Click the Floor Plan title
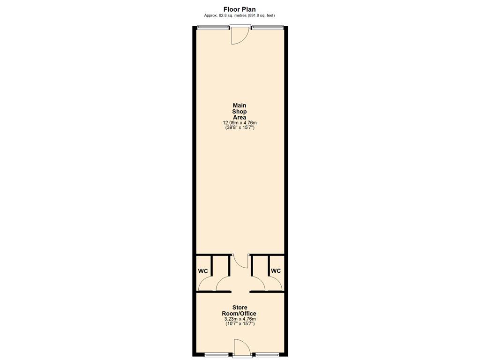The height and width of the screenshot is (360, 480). [x=240, y=9]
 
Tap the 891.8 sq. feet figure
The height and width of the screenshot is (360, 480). [x=261, y=15]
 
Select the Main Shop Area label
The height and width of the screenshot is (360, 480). [x=240, y=112]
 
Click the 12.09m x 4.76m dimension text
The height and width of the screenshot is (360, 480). [x=240, y=123]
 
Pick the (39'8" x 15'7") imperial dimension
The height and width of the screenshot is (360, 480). [x=240, y=127]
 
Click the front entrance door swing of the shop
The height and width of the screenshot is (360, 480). [x=240, y=36]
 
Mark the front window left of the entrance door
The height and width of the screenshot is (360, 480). [x=213, y=28]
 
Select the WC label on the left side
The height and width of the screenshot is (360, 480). [x=203, y=271]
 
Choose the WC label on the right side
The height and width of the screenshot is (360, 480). [x=276, y=271]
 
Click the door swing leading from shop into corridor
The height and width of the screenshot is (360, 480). [x=240, y=261]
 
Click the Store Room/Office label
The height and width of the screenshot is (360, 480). [x=240, y=310]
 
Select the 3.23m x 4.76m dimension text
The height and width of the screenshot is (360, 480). [x=240, y=319]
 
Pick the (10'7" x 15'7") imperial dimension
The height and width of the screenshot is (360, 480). [x=240, y=323]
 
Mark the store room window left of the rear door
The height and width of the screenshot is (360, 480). [x=218, y=355]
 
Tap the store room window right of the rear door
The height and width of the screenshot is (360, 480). [x=267, y=355]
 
